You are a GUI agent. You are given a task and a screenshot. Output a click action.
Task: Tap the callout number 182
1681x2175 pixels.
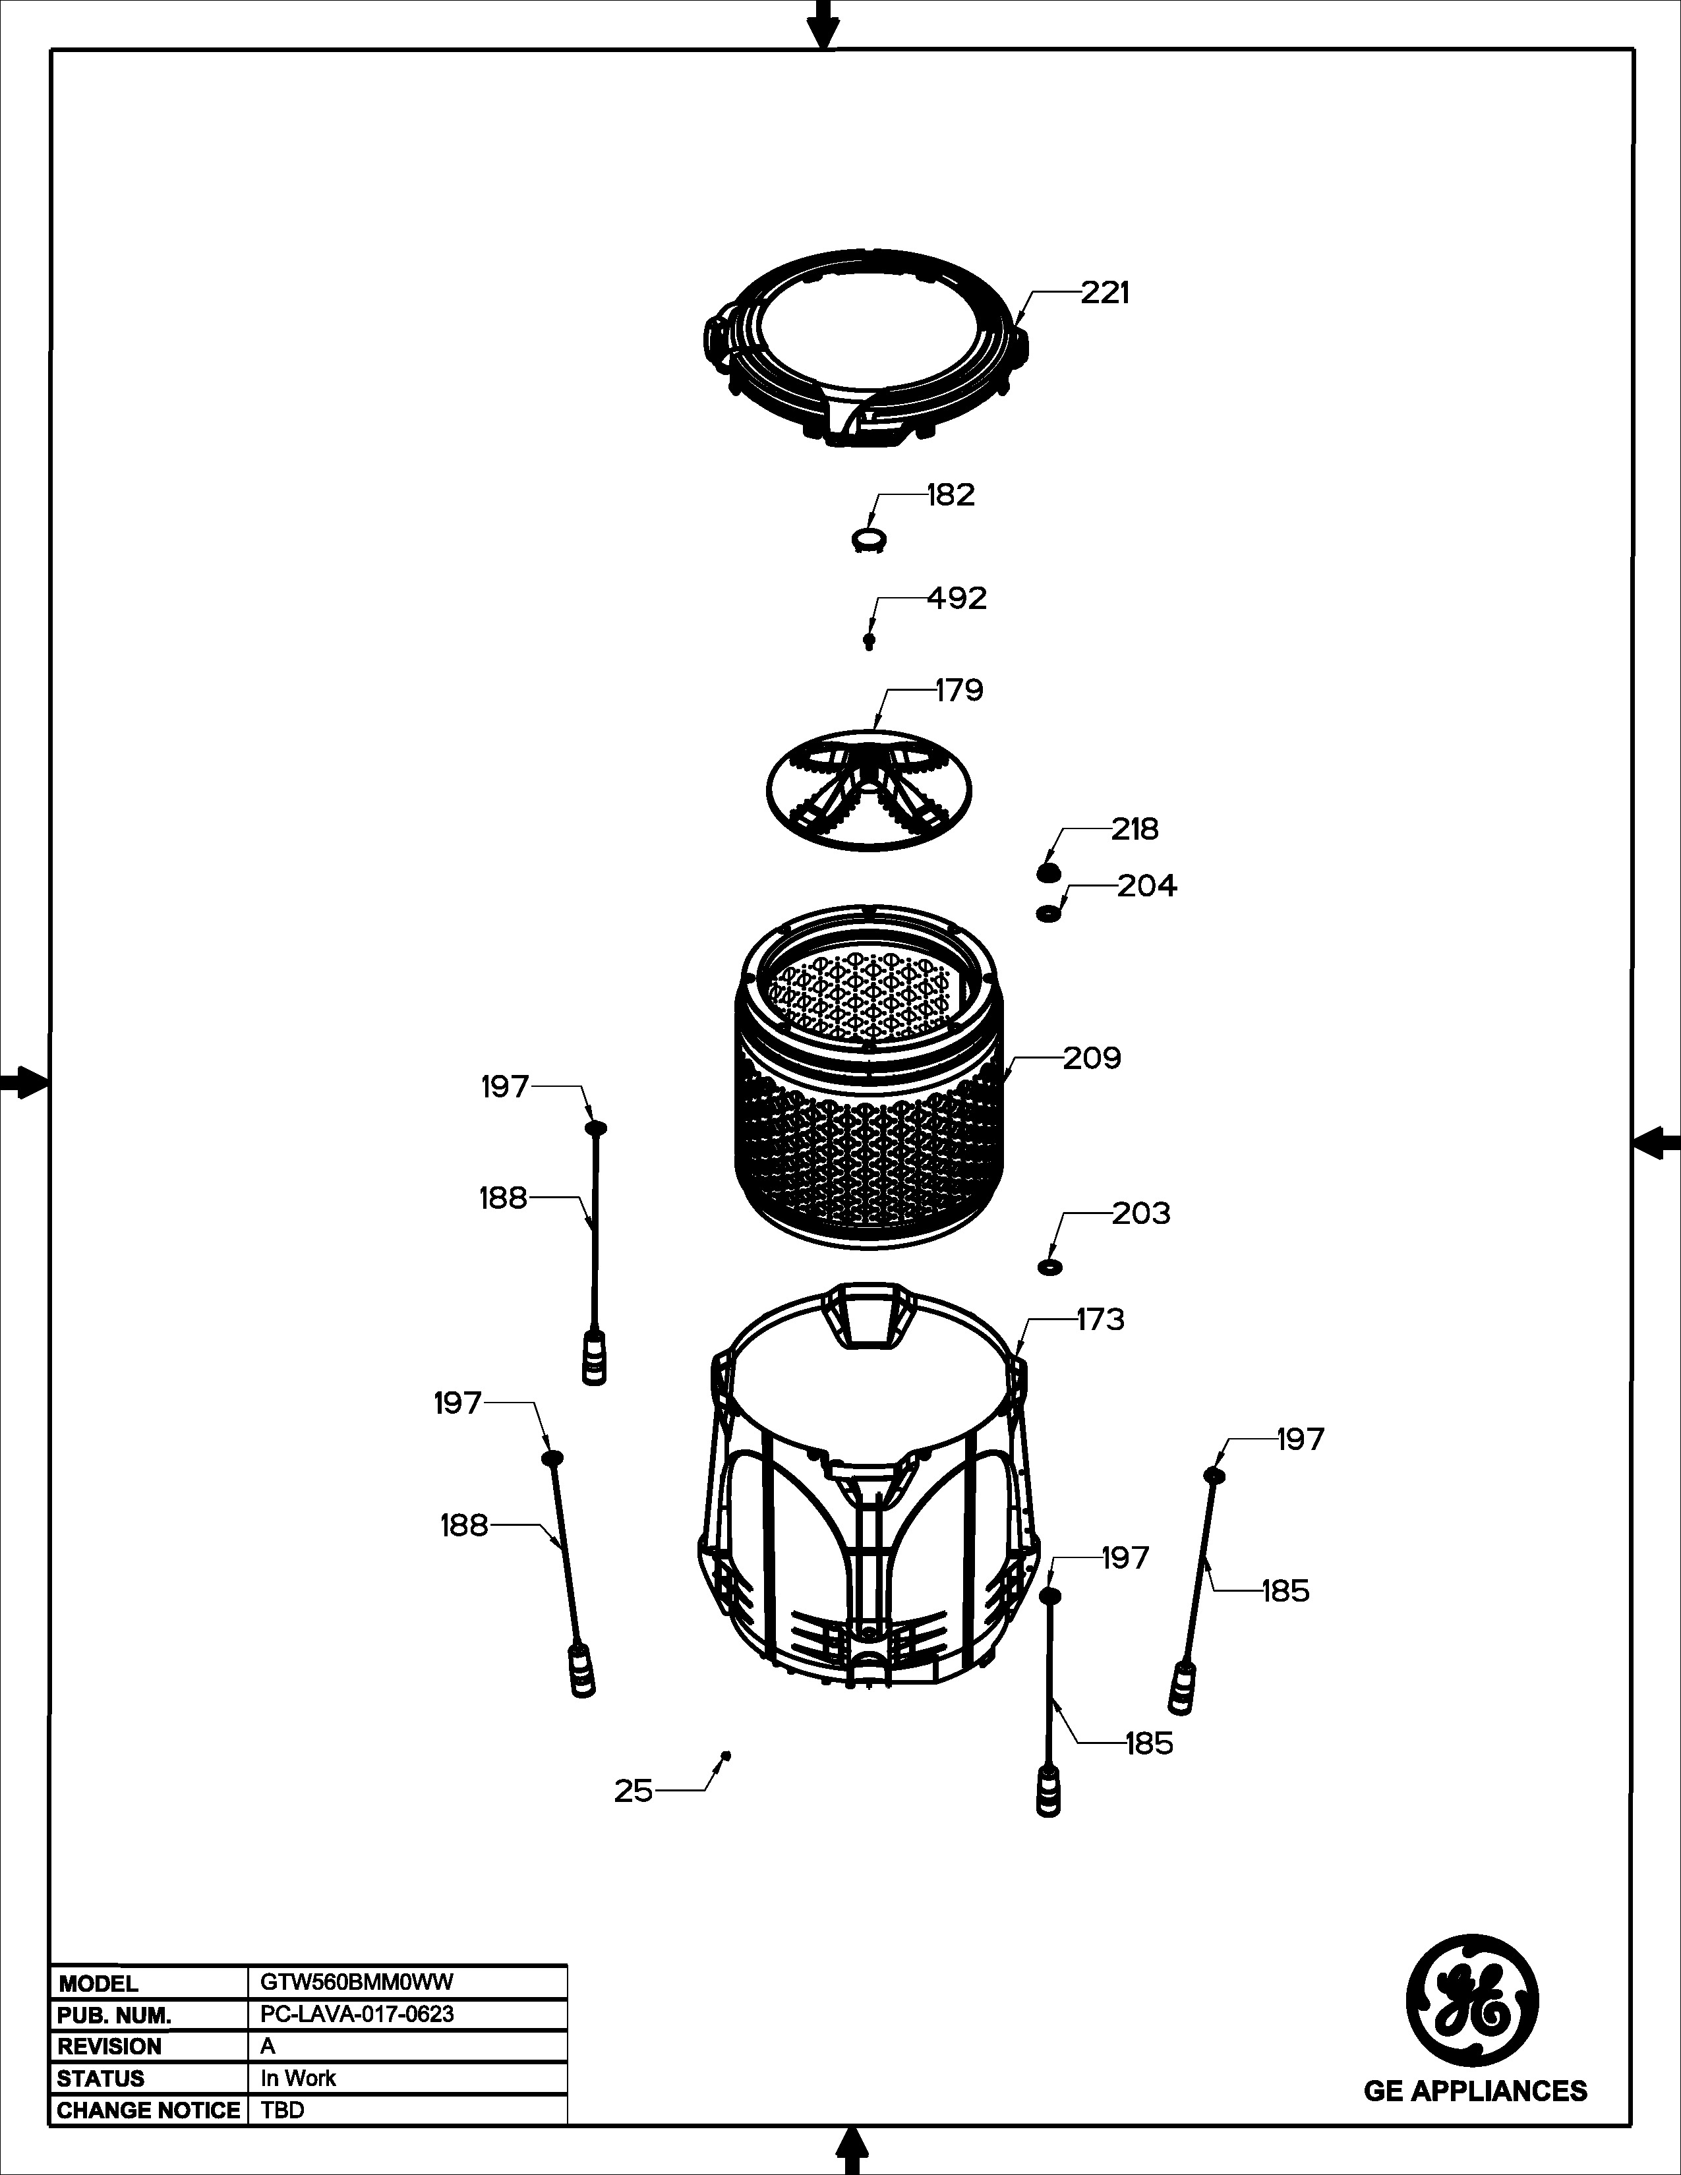(951, 495)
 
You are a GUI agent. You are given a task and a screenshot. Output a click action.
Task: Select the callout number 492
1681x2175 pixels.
(957, 598)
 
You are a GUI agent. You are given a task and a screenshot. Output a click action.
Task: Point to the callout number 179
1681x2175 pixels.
(959, 690)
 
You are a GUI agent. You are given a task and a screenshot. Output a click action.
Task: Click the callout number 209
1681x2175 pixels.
(1092, 1058)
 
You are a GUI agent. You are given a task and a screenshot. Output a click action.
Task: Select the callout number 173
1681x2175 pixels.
(1100, 1319)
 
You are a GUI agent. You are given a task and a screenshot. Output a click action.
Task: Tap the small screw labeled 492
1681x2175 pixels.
(870, 641)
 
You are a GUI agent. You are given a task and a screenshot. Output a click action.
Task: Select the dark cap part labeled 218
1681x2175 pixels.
(1047, 873)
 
